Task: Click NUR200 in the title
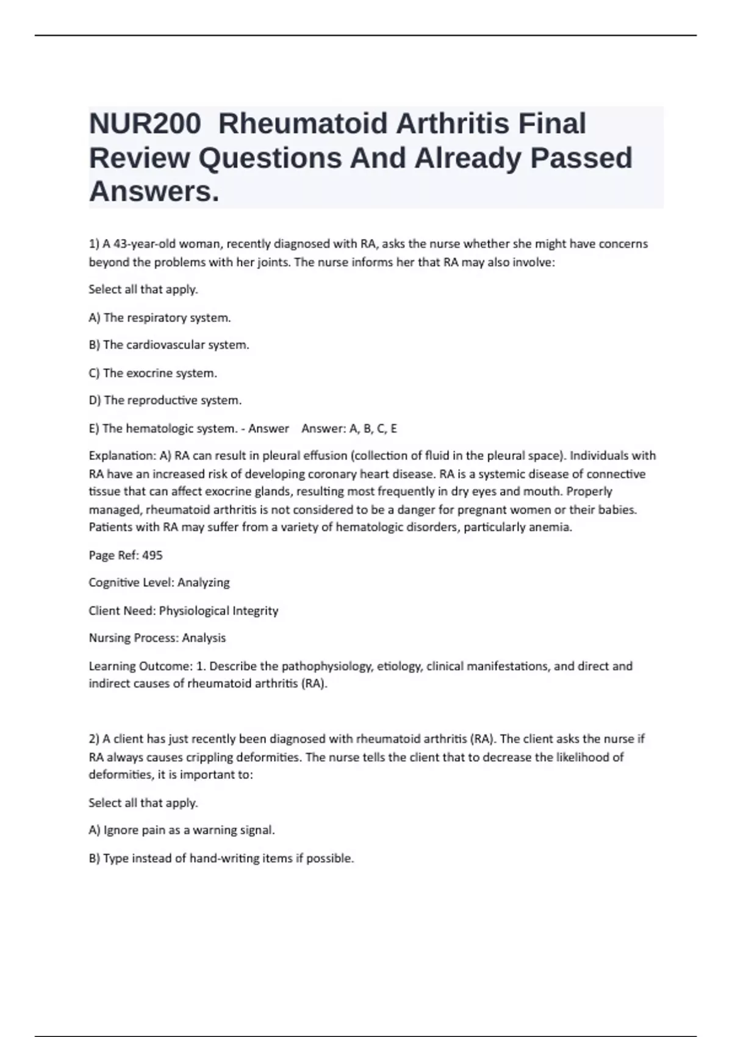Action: coord(145,123)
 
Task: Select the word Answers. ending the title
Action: coord(154,192)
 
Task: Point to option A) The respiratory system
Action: coord(160,318)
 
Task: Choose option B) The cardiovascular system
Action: coord(169,345)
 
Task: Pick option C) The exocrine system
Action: coord(153,373)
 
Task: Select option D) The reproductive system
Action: coord(165,401)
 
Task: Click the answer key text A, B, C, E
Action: coord(373,429)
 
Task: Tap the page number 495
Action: coord(152,556)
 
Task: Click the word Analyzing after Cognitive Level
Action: coord(204,583)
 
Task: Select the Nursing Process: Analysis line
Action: coord(157,638)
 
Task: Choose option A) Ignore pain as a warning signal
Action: coord(182,830)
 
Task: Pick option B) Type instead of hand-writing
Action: coord(221,858)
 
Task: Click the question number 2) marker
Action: coord(94,739)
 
